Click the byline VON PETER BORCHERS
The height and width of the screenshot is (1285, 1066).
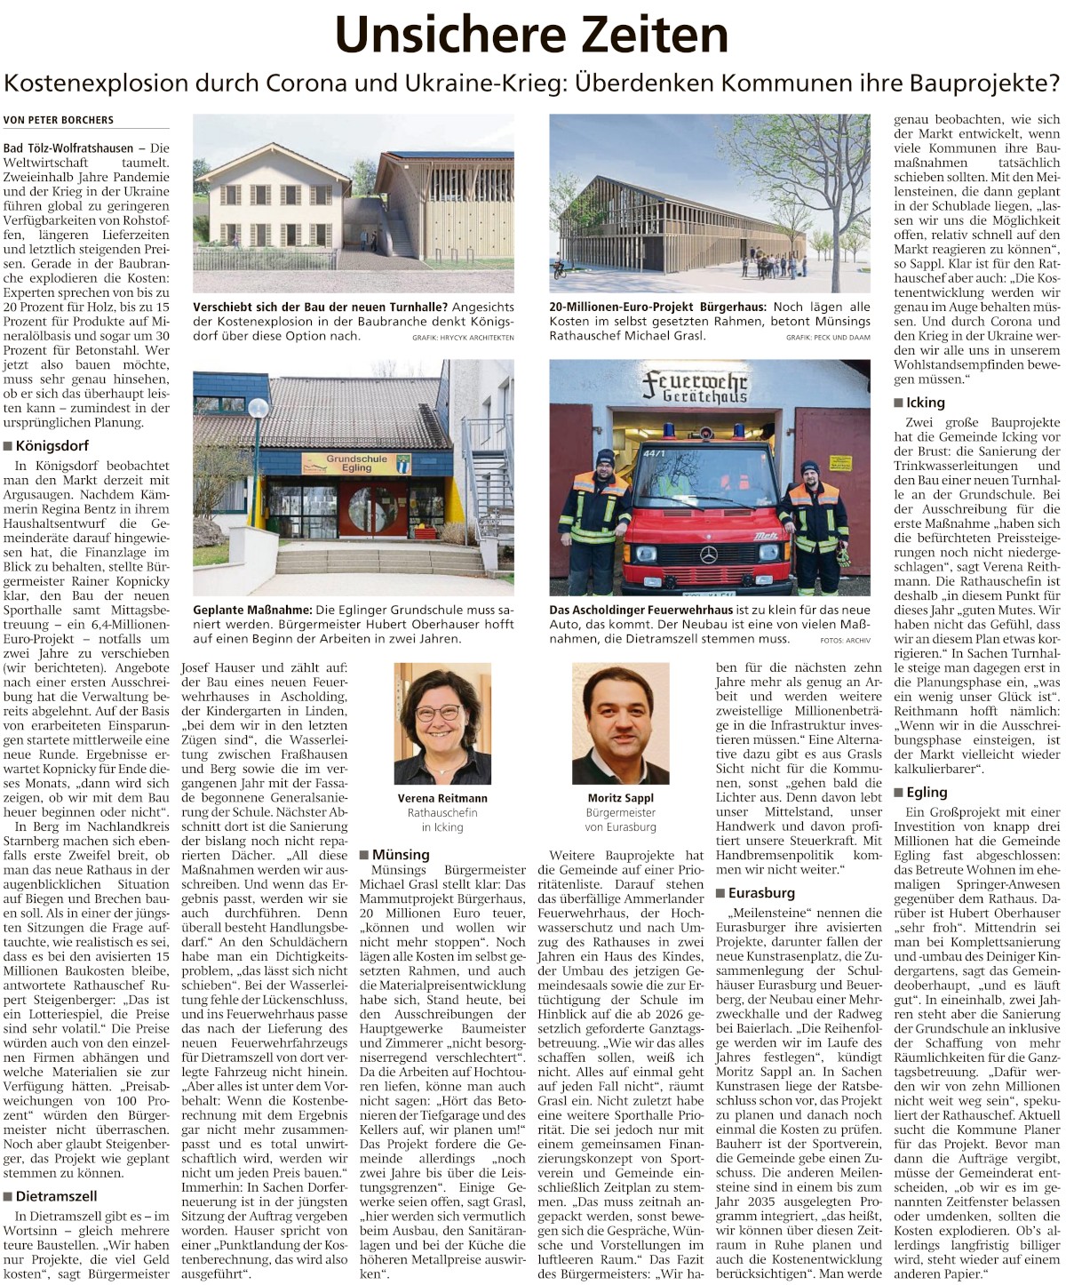pyautogui.click(x=59, y=120)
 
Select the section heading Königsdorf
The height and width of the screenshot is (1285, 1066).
pyautogui.click(x=52, y=445)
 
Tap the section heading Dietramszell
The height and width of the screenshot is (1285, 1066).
pyautogui.click(x=56, y=1196)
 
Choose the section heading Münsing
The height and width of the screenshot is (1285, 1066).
pyautogui.click(x=401, y=854)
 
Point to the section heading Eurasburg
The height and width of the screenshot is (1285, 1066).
pyautogui.click(x=761, y=893)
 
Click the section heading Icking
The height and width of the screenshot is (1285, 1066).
pyautogui.click(x=925, y=403)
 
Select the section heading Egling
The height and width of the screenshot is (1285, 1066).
pyautogui.click(x=926, y=792)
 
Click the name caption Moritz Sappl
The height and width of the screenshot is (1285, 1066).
pyautogui.click(x=620, y=798)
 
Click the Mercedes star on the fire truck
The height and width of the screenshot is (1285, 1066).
pyautogui.click(x=708, y=555)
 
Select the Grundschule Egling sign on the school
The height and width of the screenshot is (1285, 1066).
pyautogui.click(x=355, y=464)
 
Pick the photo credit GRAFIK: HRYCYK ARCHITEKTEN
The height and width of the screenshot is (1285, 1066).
pyautogui.click(x=463, y=338)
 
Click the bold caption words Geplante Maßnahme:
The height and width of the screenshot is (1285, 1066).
pyautogui.click(x=252, y=610)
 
